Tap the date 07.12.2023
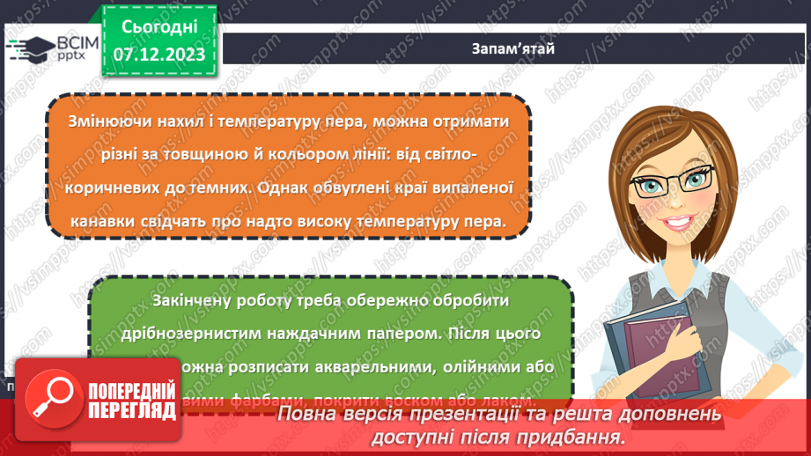pyautogui.click(x=159, y=55)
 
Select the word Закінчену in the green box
pyautogui.click(x=191, y=301)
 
